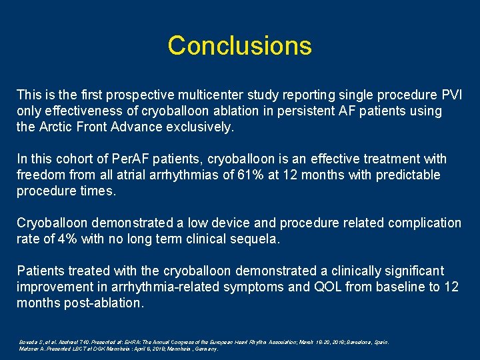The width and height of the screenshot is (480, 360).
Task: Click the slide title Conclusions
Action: coord(239,45)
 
